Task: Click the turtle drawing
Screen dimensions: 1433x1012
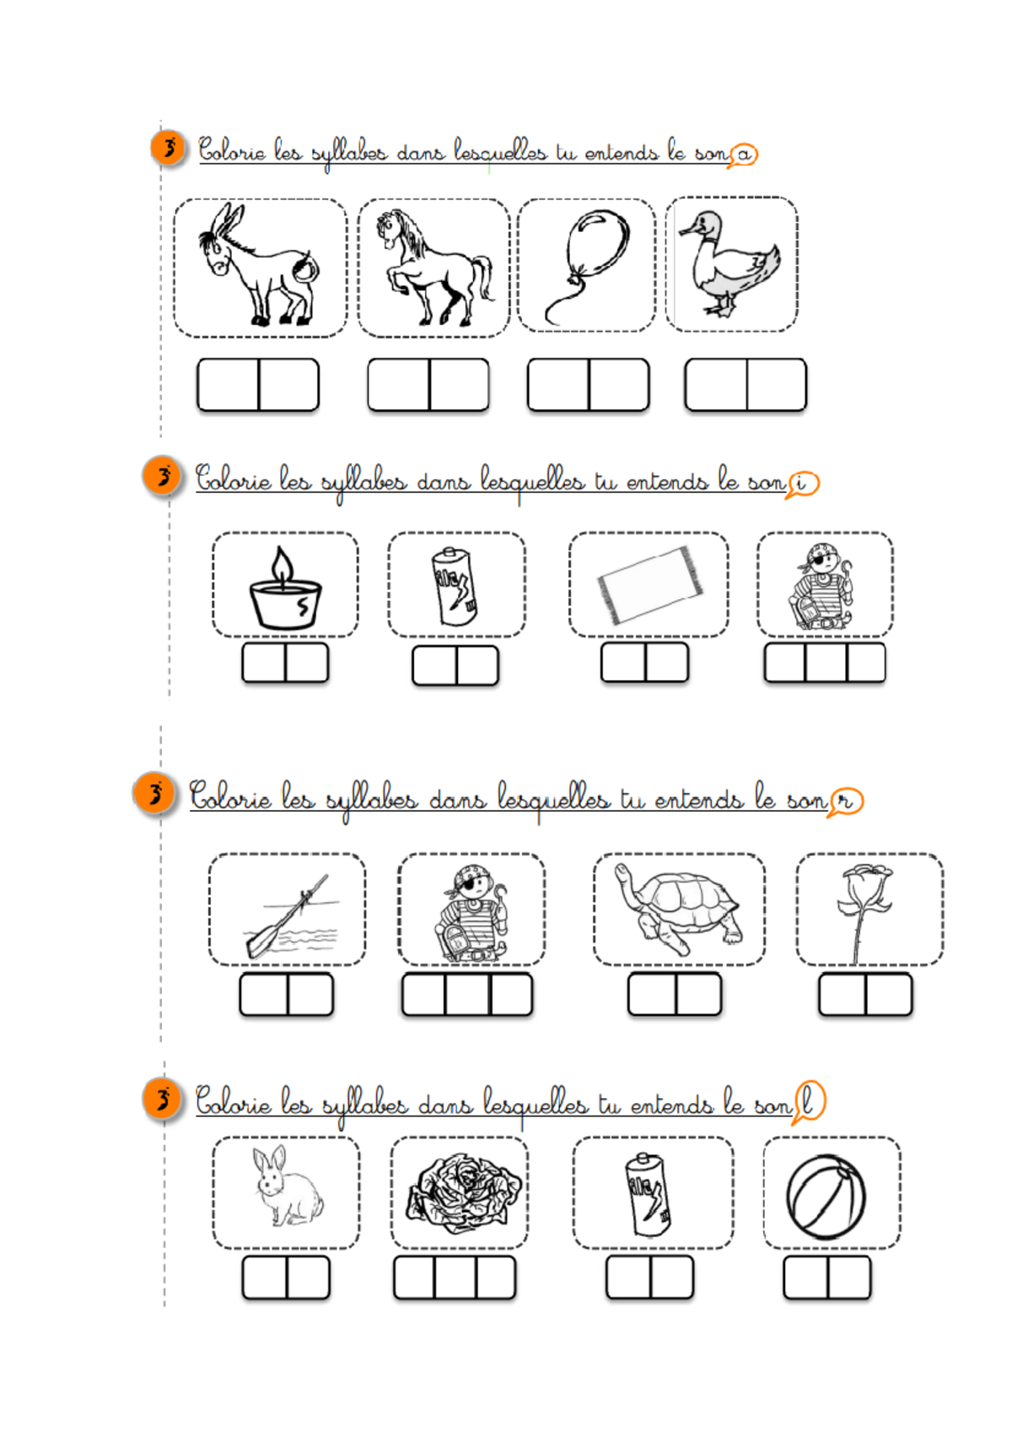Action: coord(680,910)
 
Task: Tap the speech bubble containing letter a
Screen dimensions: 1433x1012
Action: coord(744,154)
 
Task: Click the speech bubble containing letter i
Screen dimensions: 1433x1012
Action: coord(802,484)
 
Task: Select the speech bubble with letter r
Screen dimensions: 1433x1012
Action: coord(846,801)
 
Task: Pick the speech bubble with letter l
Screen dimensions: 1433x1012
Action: coord(809,1101)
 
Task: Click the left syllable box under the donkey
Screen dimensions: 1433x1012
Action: coord(228,385)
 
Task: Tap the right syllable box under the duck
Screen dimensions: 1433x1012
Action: coord(777,385)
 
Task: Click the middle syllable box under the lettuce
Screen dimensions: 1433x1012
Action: coord(455,1278)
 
